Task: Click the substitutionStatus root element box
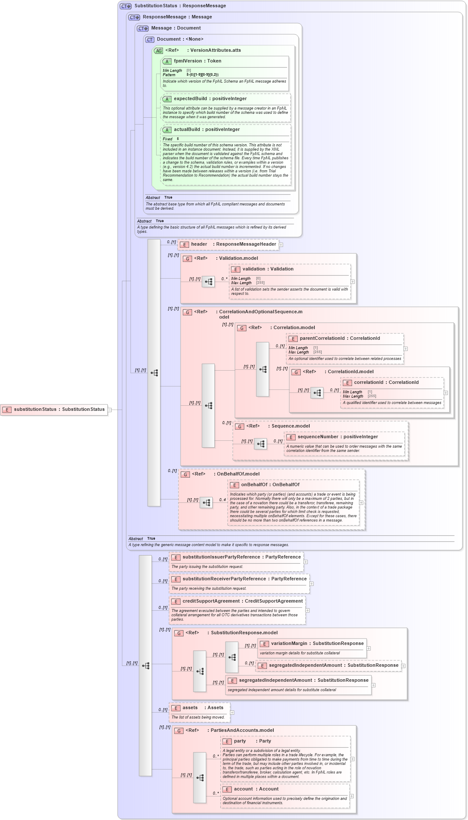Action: (x=54, y=410)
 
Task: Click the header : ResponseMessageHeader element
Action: (x=228, y=244)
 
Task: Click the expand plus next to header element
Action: (x=281, y=245)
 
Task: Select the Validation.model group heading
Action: (x=238, y=258)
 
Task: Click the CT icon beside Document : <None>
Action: (x=150, y=39)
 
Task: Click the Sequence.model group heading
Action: (x=290, y=426)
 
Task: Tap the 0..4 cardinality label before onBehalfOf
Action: (x=222, y=500)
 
